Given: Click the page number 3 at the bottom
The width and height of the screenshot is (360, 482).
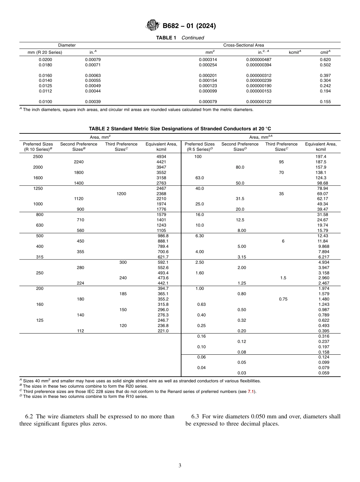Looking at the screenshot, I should (180, 466).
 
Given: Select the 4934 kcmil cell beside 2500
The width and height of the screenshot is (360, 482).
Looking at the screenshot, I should (161, 156).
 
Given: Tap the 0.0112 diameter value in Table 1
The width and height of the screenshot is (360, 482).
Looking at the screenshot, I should (45, 91).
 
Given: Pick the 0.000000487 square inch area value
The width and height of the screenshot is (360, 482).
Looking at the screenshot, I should (258, 59).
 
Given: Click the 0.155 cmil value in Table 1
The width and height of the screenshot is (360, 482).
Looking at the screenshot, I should (325, 102).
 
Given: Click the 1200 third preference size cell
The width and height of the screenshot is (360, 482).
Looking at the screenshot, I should (121, 194).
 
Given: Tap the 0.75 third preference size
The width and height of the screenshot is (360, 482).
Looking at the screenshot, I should (283, 299).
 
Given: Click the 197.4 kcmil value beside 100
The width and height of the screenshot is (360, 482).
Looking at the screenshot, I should (321, 156).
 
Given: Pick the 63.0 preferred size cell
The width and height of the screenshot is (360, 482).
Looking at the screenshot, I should (200, 178).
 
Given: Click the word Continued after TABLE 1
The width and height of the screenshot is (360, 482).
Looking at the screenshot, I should (193, 38).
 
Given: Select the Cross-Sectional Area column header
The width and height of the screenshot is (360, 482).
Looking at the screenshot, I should (244, 45).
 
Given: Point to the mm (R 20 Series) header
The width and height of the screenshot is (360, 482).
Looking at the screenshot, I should (45, 52).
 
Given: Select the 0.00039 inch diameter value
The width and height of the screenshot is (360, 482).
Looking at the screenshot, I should (93, 102).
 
